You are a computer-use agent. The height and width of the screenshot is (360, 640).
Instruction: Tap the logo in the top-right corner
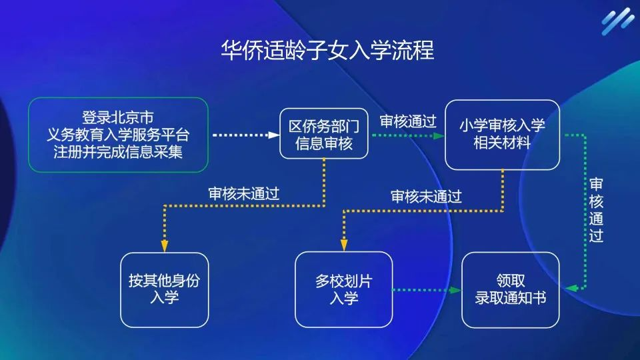[x=617, y=21]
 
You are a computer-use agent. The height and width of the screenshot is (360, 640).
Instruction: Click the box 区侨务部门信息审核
[x=323, y=135]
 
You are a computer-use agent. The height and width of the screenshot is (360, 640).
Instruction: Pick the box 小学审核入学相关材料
[x=502, y=135]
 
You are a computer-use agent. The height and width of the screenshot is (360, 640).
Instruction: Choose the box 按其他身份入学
[x=164, y=289]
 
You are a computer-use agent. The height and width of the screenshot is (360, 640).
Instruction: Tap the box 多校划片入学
[x=343, y=289]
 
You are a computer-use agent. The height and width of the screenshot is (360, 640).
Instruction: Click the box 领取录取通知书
[x=511, y=289]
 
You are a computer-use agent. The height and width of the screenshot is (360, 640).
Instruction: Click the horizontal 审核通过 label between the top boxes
[x=407, y=121]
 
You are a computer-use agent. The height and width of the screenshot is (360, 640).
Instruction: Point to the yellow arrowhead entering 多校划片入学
[x=343, y=245]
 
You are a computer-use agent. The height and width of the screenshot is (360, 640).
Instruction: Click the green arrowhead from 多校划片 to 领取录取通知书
[x=457, y=290]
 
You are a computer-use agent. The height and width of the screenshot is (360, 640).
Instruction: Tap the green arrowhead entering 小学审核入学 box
[x=440, y=135]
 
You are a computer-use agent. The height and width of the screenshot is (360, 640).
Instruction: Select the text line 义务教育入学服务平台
[x=119, y=135]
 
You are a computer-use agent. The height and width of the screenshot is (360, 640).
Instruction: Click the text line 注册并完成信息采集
[x=119, y=151]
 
